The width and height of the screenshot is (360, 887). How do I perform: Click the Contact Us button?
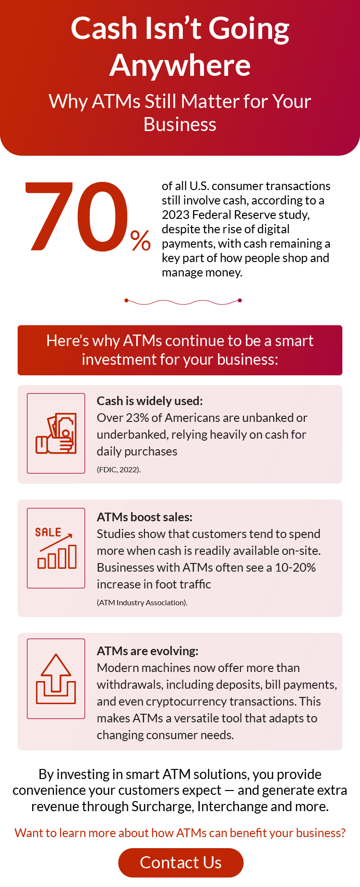(x=181, y=863)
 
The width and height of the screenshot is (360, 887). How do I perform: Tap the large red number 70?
(x=77, y=217)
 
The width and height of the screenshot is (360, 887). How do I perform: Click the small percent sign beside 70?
(x=141, y=240)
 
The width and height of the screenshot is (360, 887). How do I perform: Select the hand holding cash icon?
(x=56, y=433)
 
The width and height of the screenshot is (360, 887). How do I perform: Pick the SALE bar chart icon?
(x=56, y=548)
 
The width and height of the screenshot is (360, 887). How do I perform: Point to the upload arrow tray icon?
(x=56, y=679)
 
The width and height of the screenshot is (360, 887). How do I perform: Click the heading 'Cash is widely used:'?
(x=150, y=401)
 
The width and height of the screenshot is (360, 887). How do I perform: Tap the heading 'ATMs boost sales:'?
(x=144, y=517)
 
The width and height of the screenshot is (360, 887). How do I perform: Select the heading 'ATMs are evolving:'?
(x=147, y=651)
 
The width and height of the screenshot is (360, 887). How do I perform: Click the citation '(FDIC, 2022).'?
(x=119, y=469)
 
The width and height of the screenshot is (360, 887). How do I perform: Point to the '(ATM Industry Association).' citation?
(x=142, y=602)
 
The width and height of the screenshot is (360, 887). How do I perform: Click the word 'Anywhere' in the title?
(x=180, y=65)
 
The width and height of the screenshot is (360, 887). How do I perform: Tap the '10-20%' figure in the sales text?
(x=295, y=567)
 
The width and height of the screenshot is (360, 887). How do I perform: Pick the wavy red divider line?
(x=183, y=301)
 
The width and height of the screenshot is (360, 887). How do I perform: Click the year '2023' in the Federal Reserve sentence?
(x=175, y=215)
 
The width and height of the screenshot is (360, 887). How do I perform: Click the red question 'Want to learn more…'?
(x=180, y=833)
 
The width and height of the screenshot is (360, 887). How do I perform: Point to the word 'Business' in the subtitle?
(x=180, y=125)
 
